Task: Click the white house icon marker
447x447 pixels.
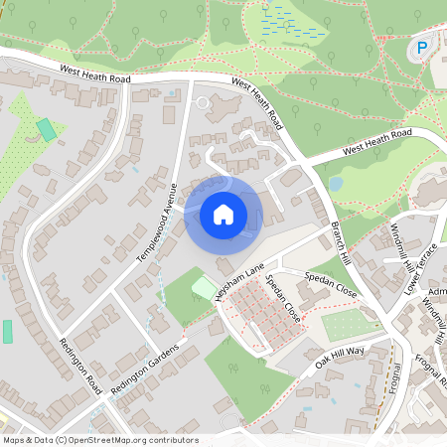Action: (223, 215)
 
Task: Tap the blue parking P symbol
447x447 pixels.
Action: (421, 47)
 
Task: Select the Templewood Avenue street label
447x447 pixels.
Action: (157, 224)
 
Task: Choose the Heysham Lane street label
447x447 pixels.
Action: (238, 282)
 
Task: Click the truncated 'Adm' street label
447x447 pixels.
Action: (436, 291)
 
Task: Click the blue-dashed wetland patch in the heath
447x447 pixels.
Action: (294, 24)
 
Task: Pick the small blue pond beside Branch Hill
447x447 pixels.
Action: (336, 184)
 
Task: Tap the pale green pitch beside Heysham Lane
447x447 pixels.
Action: (204, 287)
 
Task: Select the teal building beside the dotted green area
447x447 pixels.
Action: (46, 129)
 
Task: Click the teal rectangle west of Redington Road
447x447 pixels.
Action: (8, 331)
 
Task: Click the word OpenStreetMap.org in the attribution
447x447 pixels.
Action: (123, 440)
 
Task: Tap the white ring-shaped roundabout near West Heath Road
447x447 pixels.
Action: (205, 102)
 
